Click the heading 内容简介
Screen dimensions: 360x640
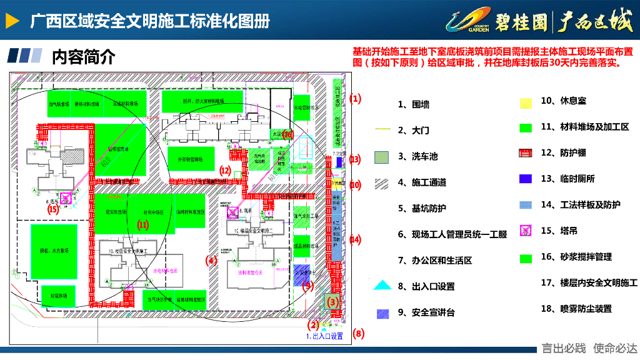(84, 57)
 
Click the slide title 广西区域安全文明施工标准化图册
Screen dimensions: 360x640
(150, 21)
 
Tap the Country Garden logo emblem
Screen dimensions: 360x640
(468, 21)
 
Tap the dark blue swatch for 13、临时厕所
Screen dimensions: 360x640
(526, 179)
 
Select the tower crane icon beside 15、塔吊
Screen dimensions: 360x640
(526, 231)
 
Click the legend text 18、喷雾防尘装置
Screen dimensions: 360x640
(576, 309)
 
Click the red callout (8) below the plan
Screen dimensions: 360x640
(358, 333)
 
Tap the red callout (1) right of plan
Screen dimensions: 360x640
(355, 99)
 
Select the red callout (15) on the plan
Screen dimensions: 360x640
(53, 209)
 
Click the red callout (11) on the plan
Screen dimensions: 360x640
(143, 225)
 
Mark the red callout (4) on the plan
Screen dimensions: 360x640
(211, 260)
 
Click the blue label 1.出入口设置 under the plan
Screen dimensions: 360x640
(324, 336)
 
